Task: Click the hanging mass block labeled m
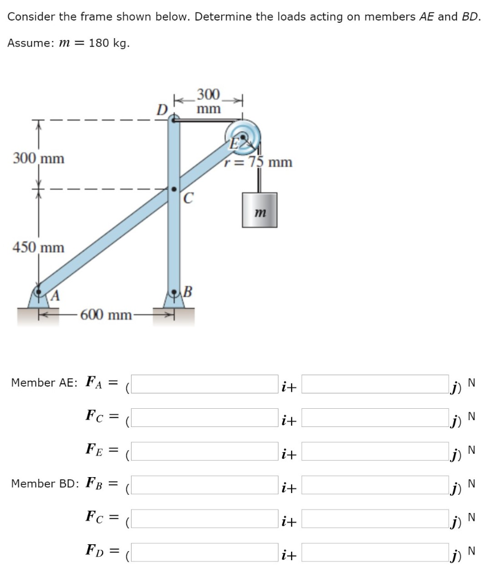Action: [259, 210]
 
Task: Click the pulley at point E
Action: [244, 137]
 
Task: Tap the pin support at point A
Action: [39, 296]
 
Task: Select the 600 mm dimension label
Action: [106, 314]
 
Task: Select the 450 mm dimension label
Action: [39, 248]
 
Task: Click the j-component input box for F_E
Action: [374, 451]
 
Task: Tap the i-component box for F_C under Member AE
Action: [206, 417]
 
